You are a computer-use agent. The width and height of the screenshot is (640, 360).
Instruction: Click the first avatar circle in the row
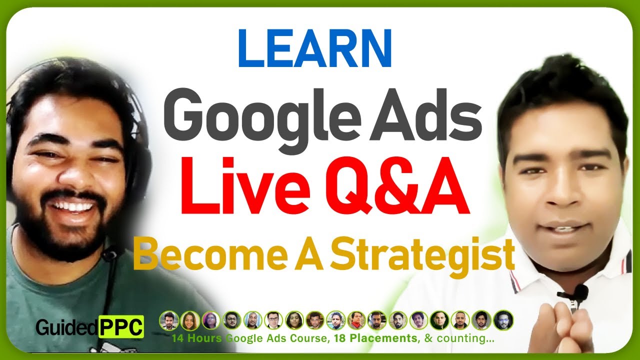point(168,320)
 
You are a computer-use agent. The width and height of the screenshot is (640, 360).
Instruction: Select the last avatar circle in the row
point(503,320)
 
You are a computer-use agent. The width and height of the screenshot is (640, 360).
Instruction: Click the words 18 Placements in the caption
point(378,338)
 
